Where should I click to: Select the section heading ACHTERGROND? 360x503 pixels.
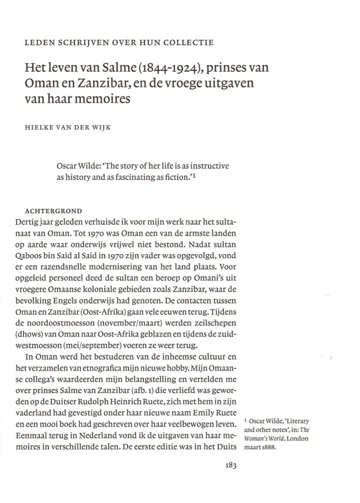(54, 211)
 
